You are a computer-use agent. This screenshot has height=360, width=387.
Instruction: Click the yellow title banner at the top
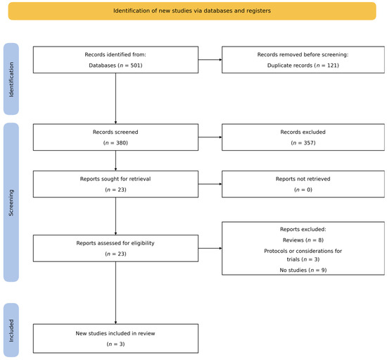click(x=192, y=11)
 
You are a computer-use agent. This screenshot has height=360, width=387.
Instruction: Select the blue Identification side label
click(x=11, y=79)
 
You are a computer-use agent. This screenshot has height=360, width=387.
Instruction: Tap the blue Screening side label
click(x=11, y=202)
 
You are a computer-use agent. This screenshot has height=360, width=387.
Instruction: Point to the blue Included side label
click(x=11, y=330)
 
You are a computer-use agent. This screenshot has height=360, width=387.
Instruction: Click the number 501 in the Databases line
click(x=137, y=66)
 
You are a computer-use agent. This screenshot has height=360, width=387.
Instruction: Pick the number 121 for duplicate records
click(x=333, y=66)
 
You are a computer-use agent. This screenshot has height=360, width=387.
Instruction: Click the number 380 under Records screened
click(x=122, y=143)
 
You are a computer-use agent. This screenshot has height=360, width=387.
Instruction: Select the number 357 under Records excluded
click(x=310, y=143)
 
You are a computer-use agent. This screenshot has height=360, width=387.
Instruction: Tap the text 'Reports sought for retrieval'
click(x=115, y=179)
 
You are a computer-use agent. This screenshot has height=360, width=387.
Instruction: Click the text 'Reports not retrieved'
click(x=303, y=179)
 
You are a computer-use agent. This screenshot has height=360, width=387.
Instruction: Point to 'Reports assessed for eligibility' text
click(x=115, y=243)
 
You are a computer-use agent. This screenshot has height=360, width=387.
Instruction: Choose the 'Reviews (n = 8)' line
click(x=303, y=240)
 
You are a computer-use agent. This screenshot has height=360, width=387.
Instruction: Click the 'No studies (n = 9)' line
click(x=303, y=270)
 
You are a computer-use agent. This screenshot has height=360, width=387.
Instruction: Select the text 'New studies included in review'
click(x=115, y=333)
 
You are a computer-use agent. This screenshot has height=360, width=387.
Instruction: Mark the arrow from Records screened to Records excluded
click(x=210, y=137)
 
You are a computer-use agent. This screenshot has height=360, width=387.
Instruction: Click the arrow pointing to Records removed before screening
click(x=210, y=60)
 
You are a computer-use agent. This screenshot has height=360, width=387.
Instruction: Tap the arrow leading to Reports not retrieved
click(x=210, y=184)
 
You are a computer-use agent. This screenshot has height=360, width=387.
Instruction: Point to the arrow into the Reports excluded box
click(x=210, y=248)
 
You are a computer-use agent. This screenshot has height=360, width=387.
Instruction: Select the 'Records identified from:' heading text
click(x=115, y=55)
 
